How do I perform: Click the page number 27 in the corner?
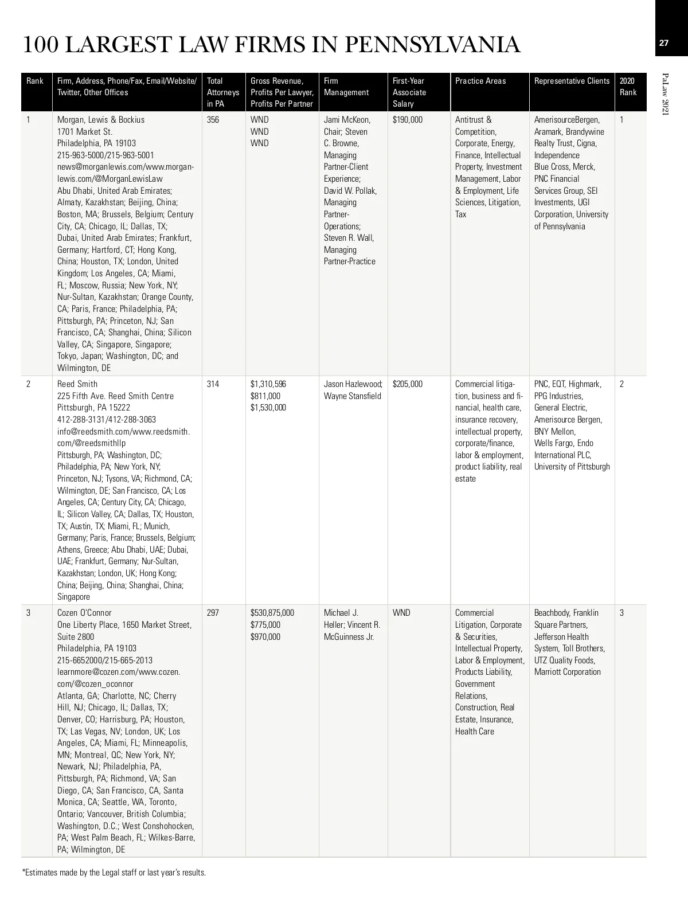point(664,43)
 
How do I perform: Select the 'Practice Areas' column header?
point(480,81)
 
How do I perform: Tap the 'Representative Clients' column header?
point(572,81)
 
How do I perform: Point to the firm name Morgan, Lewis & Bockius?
point(101,120)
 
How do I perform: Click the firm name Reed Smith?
point(77,384)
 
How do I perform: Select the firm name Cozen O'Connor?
point(84,613)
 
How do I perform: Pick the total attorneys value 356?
point(213,120)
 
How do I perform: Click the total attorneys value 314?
point(213,384)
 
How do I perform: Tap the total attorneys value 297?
point(213,613)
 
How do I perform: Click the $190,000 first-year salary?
point(408,120)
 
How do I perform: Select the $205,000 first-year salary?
point(408,384)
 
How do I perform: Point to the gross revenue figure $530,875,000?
point(272,613)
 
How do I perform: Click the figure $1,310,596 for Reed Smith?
point(268,384)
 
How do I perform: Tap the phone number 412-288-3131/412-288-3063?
point(107,420)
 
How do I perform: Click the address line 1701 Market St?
point(85,132)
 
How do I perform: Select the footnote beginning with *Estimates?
point(114,873)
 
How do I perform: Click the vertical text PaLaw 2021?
point(665,95)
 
